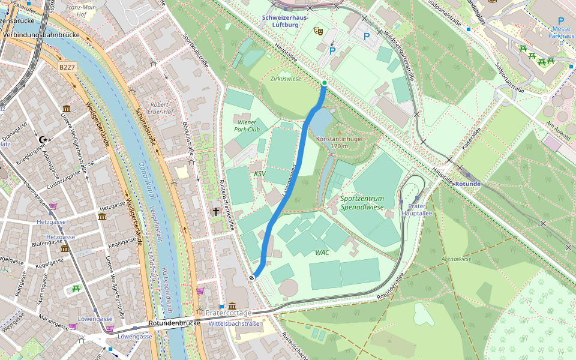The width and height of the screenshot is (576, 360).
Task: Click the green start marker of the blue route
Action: tap(324, 83)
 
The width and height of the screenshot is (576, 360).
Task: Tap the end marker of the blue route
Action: tap(252, 277)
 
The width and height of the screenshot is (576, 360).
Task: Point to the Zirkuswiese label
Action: tap(286, 79)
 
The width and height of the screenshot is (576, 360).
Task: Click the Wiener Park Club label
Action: tap(247, 125)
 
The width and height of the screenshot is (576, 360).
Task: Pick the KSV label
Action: tap(259, 174)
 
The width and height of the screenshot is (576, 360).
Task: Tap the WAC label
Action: tap(322, 253)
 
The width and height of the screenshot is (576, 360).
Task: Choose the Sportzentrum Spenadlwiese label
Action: tap(362, 202)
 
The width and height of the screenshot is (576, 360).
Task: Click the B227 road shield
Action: tap(67, 68)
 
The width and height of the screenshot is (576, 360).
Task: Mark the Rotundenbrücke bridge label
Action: tap(174, 324)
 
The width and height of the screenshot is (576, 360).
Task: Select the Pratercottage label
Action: tap(229, 313)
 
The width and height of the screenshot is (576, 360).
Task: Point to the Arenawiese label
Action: tap(456, 259)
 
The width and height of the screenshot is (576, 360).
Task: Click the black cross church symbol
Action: tap(215, 211)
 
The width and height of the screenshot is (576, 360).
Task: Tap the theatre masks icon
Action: tap(319, 29)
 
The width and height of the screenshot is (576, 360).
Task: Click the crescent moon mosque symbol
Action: tap(42, 139)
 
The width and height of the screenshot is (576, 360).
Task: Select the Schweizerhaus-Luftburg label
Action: tap(286, 22)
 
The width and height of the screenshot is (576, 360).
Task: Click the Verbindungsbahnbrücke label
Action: tap(41, 35)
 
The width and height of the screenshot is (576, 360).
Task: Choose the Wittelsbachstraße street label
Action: tap(234, 323)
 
